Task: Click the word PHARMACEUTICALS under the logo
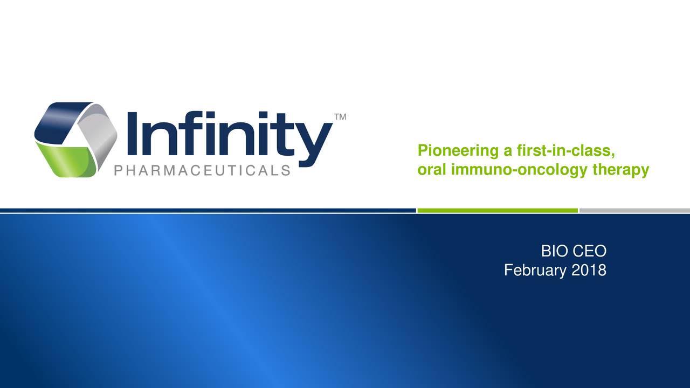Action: (203, 171)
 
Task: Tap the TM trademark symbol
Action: (341, 117)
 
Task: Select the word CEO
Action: (590, 251)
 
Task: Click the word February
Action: (535, 271)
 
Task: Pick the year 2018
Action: (589, 271)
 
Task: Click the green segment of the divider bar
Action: (497, 210)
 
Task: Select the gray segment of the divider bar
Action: (634, 210)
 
